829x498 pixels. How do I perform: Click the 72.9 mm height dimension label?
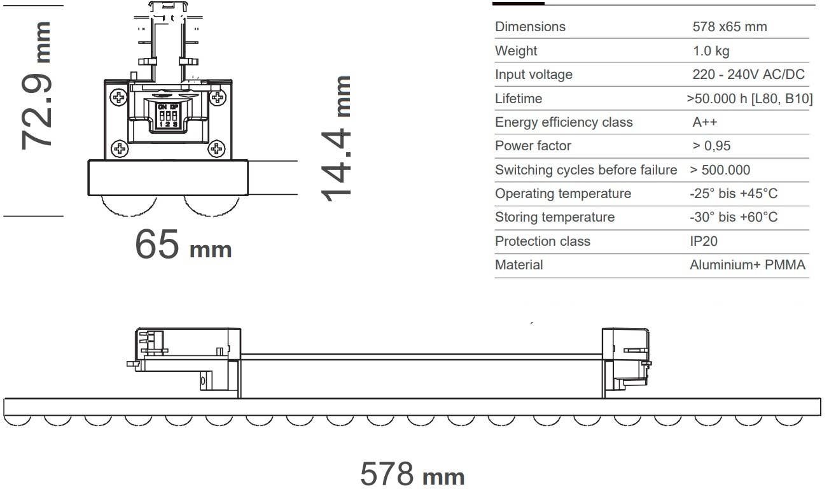point(36,85)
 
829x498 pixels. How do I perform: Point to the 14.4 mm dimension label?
point(336,139)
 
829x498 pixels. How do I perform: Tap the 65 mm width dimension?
point(183,244)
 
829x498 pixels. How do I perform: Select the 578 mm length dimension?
point(412,474)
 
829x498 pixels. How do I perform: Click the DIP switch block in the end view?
point(168,116)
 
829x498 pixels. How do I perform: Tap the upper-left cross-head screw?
point(119,98)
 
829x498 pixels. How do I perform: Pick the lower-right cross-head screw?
point(216,148)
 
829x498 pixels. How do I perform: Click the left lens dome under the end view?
point(129,206)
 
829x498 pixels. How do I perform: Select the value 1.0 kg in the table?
point(711,51)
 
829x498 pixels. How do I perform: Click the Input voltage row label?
point(534,75)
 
